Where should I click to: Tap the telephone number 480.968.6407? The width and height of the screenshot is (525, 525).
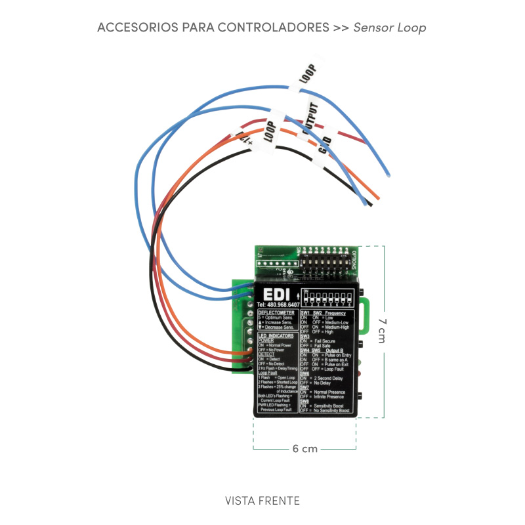[x=278, y=305]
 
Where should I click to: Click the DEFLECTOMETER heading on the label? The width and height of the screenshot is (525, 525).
[x=276, y=313]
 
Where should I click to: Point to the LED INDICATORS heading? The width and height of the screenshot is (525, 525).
[x=276, y=335]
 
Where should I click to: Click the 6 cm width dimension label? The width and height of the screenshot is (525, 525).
[x=304, y=449]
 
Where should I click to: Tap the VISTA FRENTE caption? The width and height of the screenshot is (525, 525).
[x=262, y=501]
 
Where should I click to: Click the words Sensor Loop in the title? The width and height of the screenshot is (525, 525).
[x=390, y=28]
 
